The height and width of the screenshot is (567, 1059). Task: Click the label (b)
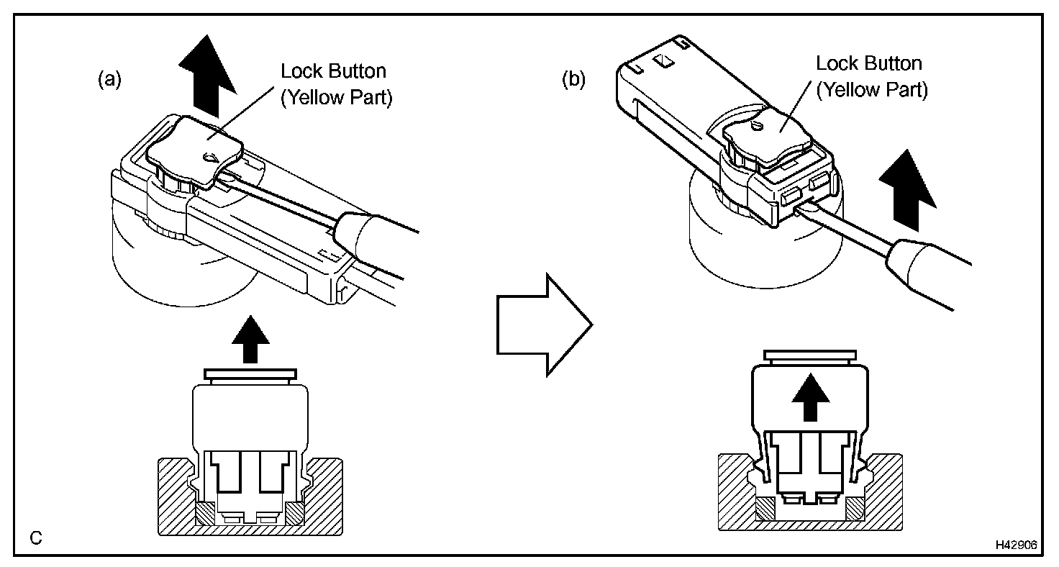[573, 80]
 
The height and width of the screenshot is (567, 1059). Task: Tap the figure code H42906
[1016, 545]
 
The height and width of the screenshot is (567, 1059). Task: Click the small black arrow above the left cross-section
[250, 338]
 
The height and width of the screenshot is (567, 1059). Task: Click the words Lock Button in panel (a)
[333, 71]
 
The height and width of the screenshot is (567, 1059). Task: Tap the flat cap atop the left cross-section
[250, 375]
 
